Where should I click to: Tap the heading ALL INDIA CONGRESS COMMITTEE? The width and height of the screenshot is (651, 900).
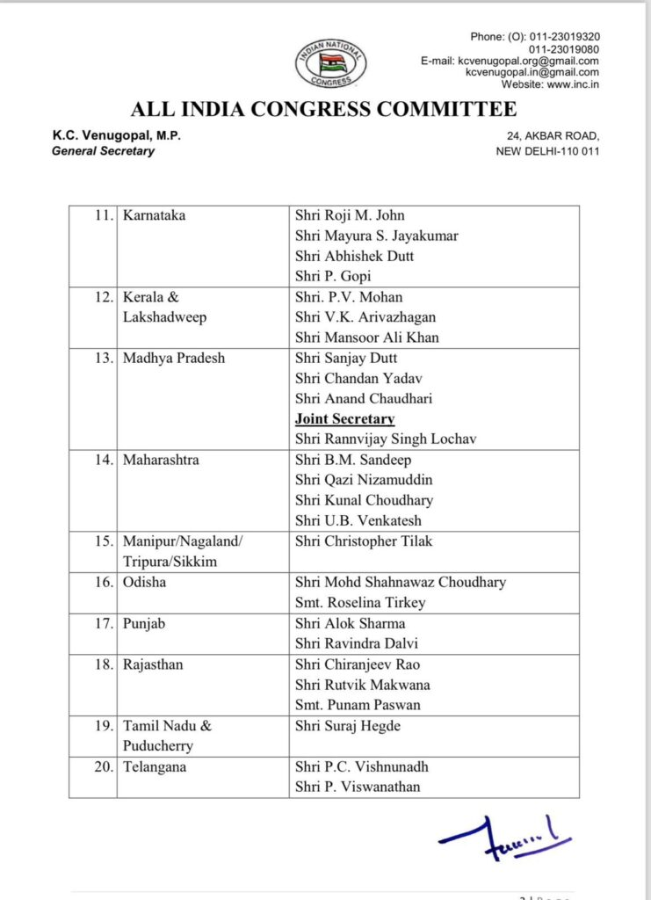pos(324,110)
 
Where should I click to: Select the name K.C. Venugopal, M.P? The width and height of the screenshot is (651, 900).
pos(116,135)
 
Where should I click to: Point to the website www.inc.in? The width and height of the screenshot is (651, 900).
pos(550,84)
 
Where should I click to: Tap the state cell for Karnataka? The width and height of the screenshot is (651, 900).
pos(155,215)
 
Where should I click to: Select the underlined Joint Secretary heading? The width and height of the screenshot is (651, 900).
pos(344,418)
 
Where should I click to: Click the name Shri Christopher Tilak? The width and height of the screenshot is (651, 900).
pos(364,541)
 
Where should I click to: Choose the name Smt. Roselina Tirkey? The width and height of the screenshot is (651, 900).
pos(360,603)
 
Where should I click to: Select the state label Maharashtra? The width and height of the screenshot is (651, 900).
pos(161,460)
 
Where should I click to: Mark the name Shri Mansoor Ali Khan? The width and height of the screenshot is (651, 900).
pos(367,337)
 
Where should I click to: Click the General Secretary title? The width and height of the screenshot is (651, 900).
pos(103,150)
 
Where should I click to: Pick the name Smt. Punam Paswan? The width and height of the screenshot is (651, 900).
pos(358,705)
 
